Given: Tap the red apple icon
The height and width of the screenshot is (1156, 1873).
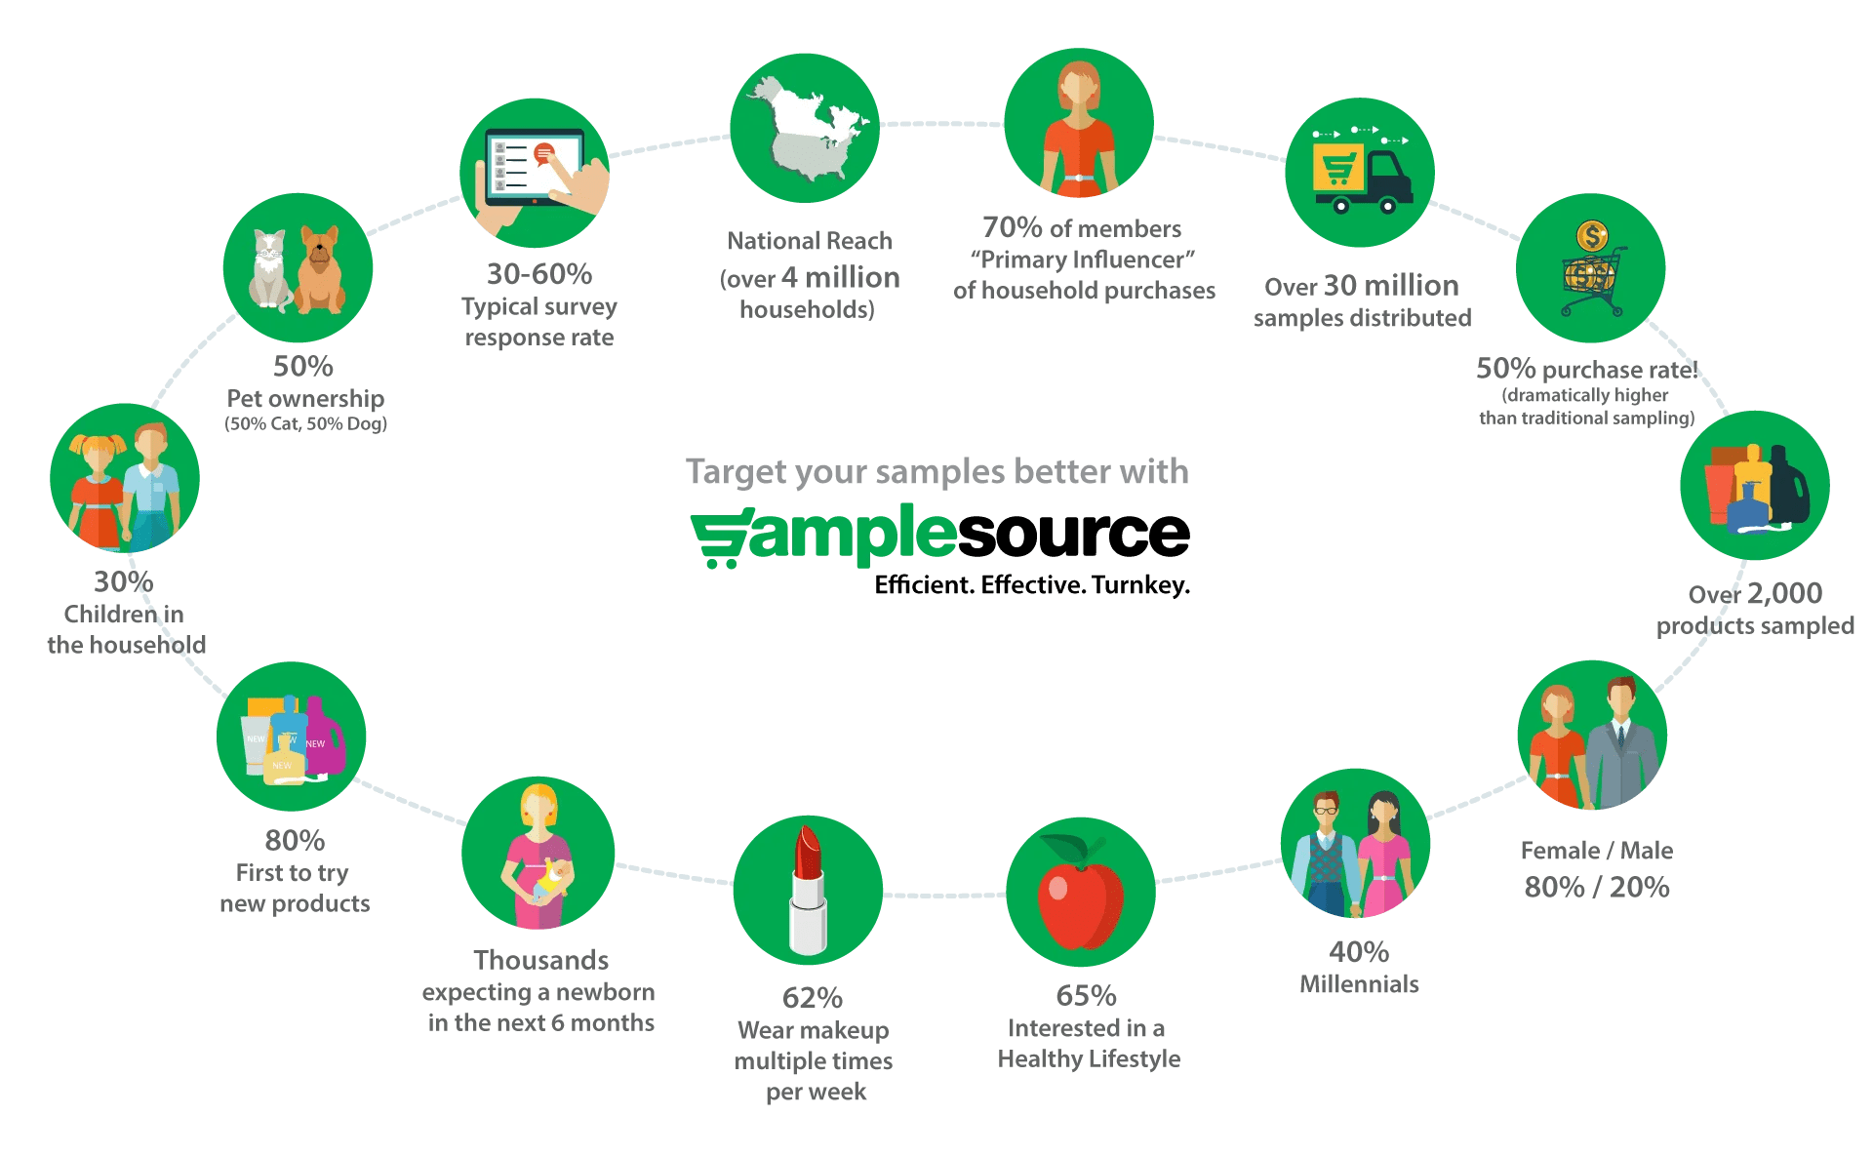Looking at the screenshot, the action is tap(1080, 895).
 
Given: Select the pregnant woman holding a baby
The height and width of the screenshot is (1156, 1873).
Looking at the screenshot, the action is tap(538, 856).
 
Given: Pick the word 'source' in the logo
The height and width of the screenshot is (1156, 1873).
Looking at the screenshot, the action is tap(1073, 534).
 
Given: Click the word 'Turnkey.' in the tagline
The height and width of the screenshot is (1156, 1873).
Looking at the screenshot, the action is tap(1140, 585).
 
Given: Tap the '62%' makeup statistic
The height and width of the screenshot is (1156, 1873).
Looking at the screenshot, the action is tap(812, 998).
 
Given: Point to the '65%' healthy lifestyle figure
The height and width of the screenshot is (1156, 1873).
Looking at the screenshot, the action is tap(1085, 996).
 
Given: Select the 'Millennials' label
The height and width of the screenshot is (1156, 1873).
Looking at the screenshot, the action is tap(1359, 984).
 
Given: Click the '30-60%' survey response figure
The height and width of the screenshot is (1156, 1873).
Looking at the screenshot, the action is tap(539, 274).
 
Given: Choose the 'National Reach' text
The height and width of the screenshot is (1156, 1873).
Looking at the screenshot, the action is tap(810, 241).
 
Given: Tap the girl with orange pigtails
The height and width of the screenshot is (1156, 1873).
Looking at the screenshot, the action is tap(98, 488).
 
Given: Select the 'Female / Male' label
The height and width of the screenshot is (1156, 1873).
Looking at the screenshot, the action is tap(1597, 851).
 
